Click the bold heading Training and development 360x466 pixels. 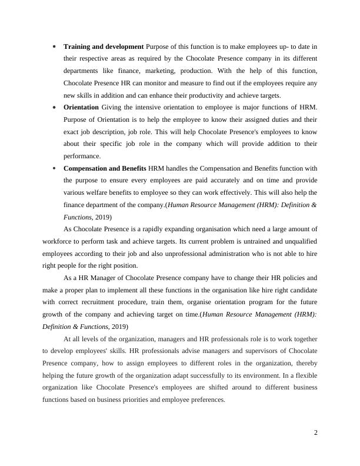pos(104,46)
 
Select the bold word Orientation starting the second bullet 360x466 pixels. pos(82,107)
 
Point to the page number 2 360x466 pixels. pos(316,433)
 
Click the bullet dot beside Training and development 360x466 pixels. pos(54,46)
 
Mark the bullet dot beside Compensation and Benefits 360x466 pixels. pos(54,169)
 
